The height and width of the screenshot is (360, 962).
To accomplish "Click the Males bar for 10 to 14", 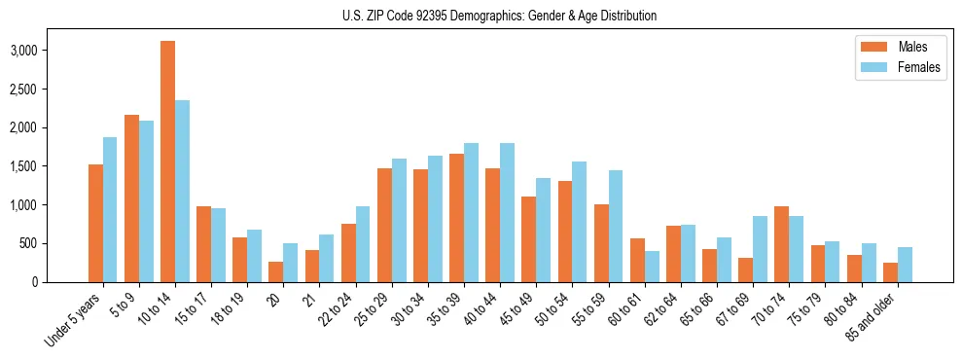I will click(x=168, y=162).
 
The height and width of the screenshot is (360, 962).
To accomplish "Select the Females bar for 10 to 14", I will click(x=183, y=191).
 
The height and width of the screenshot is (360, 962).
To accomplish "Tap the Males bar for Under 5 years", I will click(x=95, y=223).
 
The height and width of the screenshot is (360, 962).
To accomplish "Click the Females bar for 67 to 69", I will click(x=760, y=249).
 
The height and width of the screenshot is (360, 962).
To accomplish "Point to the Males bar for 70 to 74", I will click(x=781, y=244).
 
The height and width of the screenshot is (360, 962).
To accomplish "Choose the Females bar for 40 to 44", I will click(x=507, y=212).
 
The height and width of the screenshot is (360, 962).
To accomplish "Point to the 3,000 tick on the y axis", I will click(x=51, y=51).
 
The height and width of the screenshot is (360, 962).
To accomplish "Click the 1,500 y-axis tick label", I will click(x=51, y=166).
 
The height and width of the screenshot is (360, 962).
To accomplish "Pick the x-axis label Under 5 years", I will click(x=75, y=321).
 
